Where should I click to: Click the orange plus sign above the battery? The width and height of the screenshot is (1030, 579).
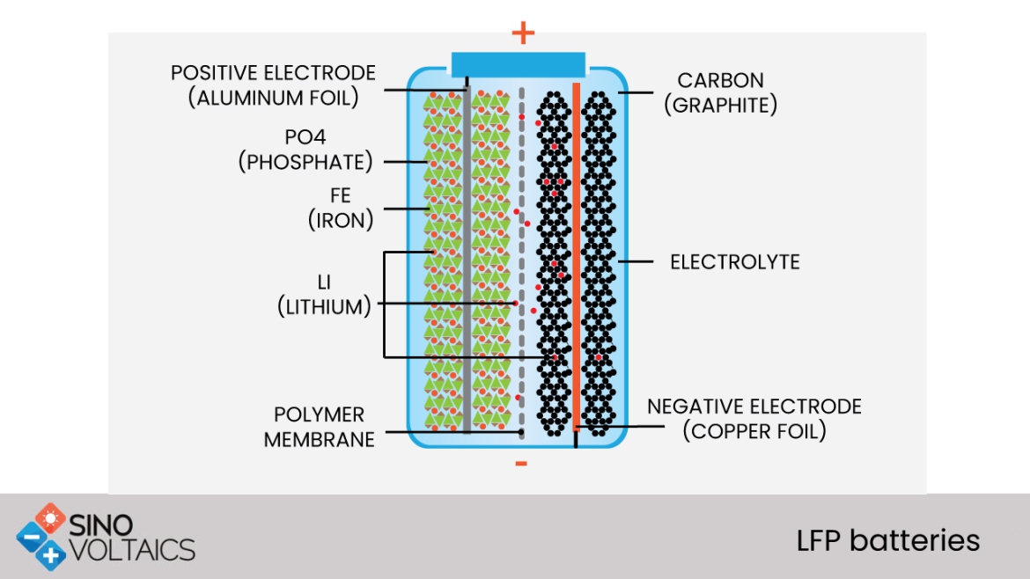tap(523, 33)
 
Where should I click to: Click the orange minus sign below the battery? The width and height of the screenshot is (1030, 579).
tap(521, 464)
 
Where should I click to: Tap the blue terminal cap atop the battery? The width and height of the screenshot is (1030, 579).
tap(518, 63)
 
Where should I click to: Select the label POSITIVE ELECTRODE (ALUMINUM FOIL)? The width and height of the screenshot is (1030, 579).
tap(273, 85)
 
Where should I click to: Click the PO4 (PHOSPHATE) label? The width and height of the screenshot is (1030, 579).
tap(305, 150)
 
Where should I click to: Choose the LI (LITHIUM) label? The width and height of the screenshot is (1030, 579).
tap(323, 295)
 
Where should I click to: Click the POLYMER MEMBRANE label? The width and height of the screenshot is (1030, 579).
tap(319, 427)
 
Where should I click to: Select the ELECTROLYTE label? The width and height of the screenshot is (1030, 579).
tap(734, 262)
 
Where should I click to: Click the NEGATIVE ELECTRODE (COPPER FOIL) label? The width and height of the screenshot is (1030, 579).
tap(754, 419)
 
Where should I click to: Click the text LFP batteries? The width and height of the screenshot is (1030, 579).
tap(887, 539)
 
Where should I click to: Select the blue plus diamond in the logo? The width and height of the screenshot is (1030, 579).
tap(52, 553)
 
